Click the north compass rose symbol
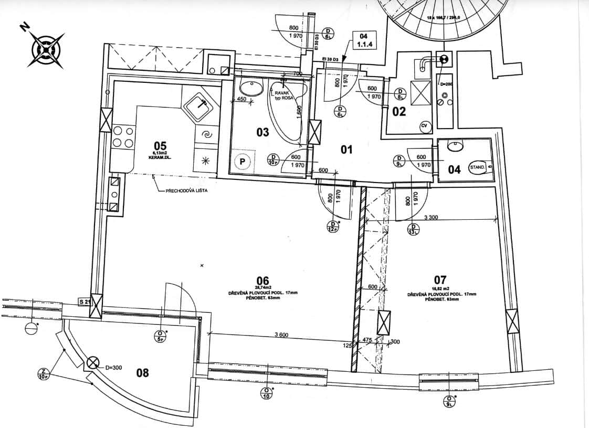point(47,50)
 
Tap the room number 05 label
point(160,145)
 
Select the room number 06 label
point(262,280)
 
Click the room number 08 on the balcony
point(142,373)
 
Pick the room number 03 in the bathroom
point(262,132)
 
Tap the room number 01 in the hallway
point(346,150)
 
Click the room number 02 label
point(399,111)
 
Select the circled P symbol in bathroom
point(243,162)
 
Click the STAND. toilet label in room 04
point(477,168)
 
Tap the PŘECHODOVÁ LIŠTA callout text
point(186,191)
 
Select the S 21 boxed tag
point(85,302)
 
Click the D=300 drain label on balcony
point(113,368)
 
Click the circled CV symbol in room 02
point(424,126)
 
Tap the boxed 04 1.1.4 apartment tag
point(362,40)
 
